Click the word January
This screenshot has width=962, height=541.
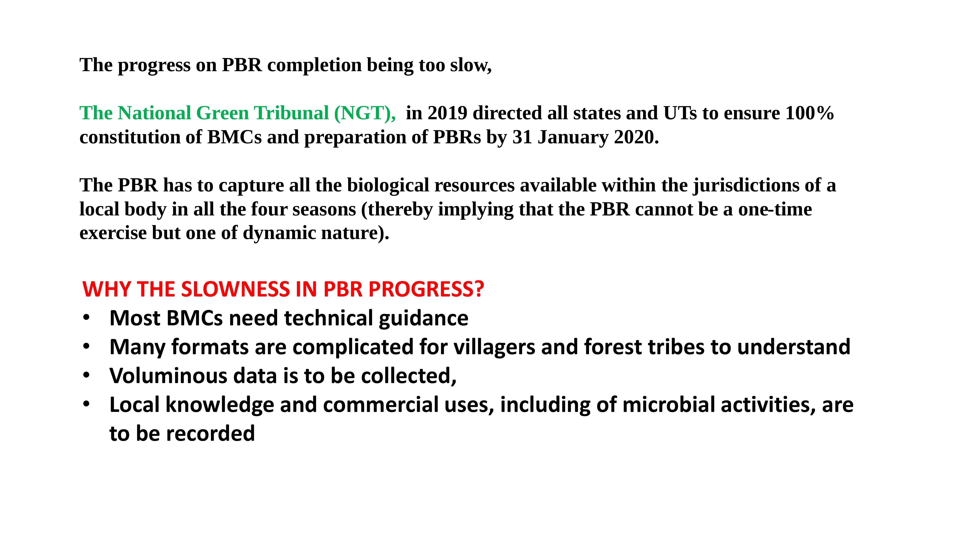[573, 137]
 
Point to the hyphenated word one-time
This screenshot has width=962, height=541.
[775, 209]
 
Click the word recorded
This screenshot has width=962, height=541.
[210, 434]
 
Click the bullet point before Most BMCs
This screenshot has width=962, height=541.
[87, 318]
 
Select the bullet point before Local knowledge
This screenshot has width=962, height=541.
[87, 404]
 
